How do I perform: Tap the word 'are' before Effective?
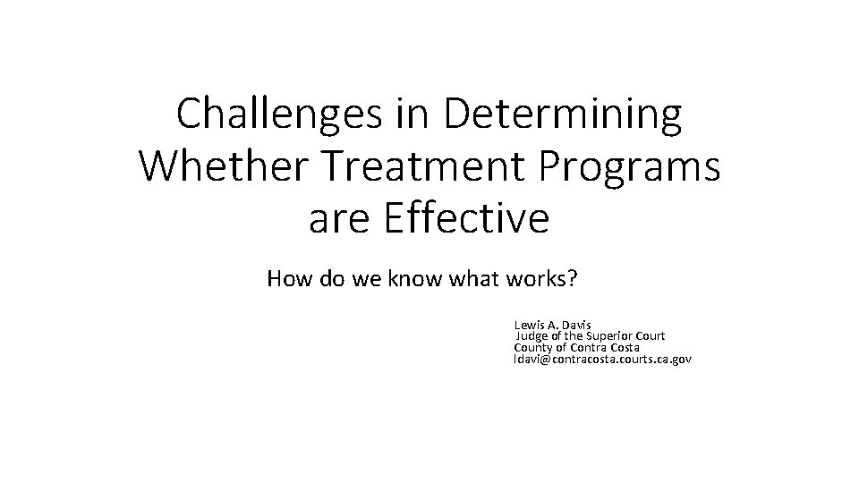tap(338, 219)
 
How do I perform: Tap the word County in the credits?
tap(533, 347)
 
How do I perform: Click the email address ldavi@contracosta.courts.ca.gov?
tap(603, 359)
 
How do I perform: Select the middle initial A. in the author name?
tap(552, 324)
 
